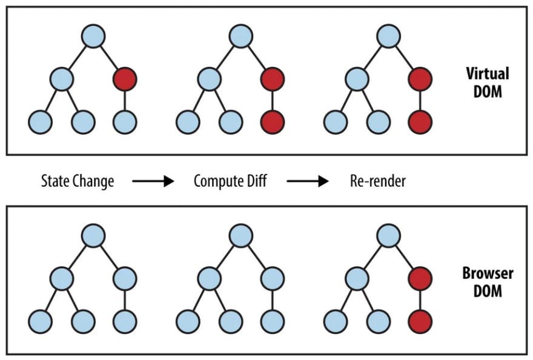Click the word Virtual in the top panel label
(x=487, y=74)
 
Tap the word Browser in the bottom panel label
(x=487, y=273)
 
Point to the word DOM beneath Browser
(x=488, y=291)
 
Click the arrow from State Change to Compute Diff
(x=153, y=181)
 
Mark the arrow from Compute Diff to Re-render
(x=308, y=181)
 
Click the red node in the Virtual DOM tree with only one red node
(x=125, y=79)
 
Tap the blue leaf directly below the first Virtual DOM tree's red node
(x=125, y=122)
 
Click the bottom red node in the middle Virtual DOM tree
(x=272, y=122)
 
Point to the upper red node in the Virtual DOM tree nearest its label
(x=420, y=79)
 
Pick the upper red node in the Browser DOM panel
(x=420, y=278)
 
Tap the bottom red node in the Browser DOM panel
(x=420, y=321)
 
